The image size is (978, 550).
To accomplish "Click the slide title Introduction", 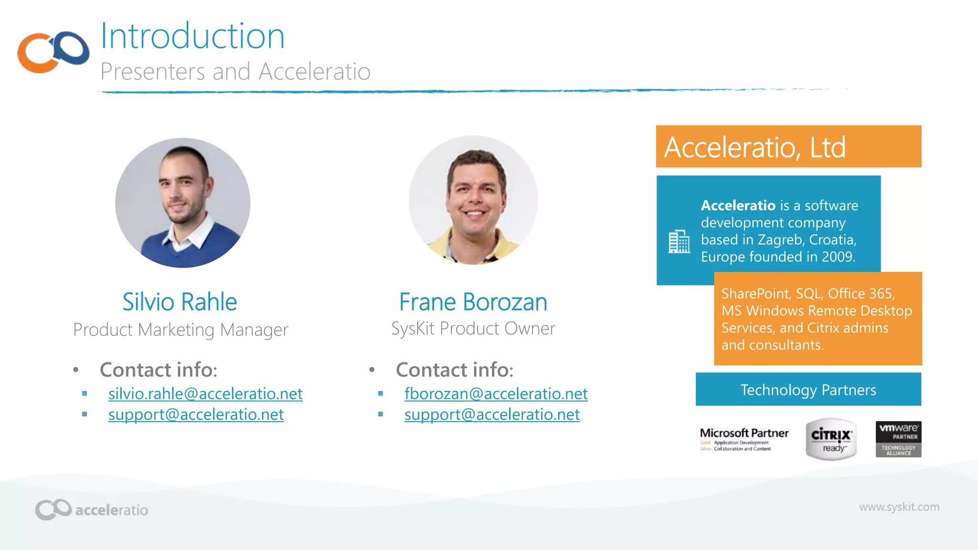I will [192, 36].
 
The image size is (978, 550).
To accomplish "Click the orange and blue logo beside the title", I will [53, 52].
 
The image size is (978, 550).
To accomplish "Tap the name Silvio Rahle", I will [180, 302].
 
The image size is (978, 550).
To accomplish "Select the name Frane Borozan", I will [473, 302].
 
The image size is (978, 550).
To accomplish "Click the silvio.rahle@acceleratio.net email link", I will [205, 394].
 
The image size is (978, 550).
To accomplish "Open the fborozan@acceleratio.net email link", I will [496, 394].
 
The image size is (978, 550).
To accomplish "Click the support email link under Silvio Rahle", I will [196, 415].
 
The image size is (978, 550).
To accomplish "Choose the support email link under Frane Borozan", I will [492, 415].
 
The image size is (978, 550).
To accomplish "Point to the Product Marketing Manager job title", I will [181, 330].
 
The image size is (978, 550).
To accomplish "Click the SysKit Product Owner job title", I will [473, 329].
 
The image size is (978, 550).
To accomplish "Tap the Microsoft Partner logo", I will [744, 439].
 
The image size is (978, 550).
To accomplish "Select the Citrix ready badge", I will [831, 439].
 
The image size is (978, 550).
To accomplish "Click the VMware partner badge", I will [898, 439].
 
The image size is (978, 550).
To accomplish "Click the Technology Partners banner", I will [808, 390].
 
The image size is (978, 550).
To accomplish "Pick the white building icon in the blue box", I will [679, 242].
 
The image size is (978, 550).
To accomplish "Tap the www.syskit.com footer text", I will [899, 507].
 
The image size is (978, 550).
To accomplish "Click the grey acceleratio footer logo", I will [91, 509].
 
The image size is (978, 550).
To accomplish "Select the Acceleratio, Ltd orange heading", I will [755, 147].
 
